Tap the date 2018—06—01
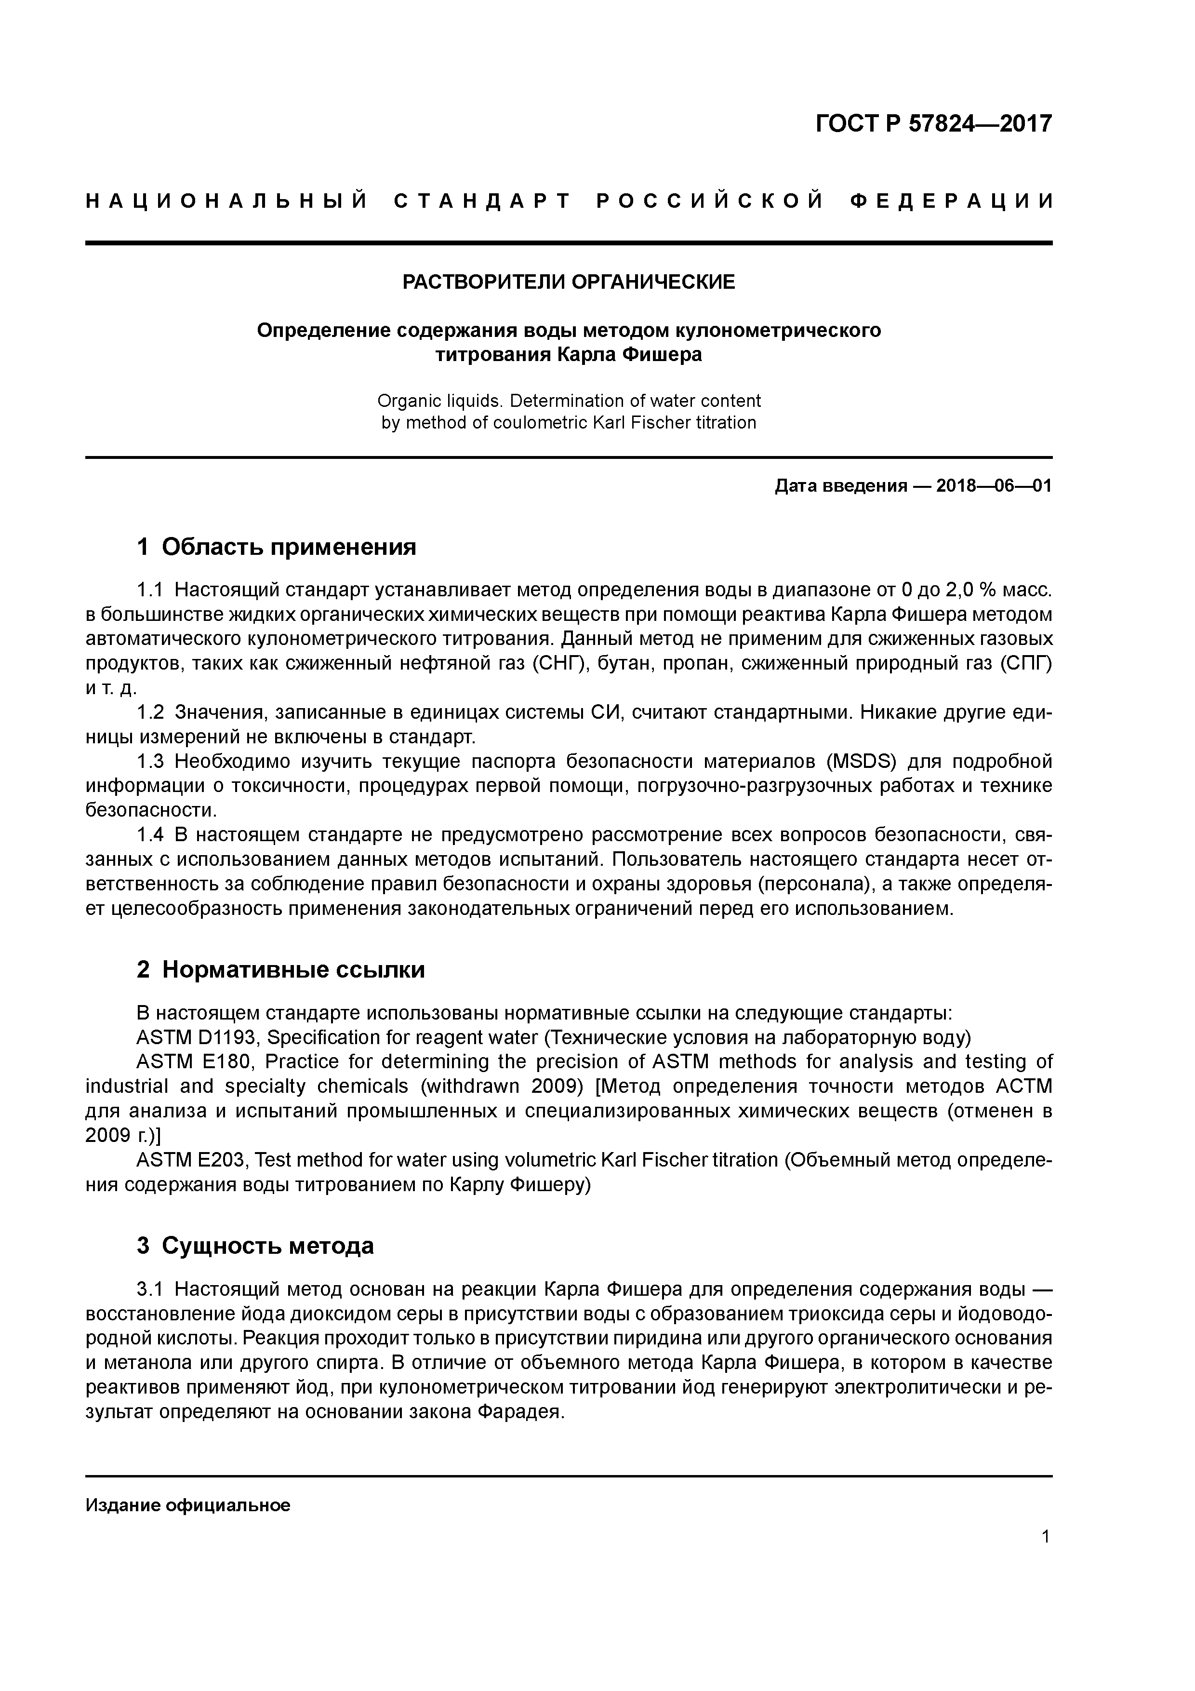pos(993,486)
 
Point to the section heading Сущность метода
pos(267,1246)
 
